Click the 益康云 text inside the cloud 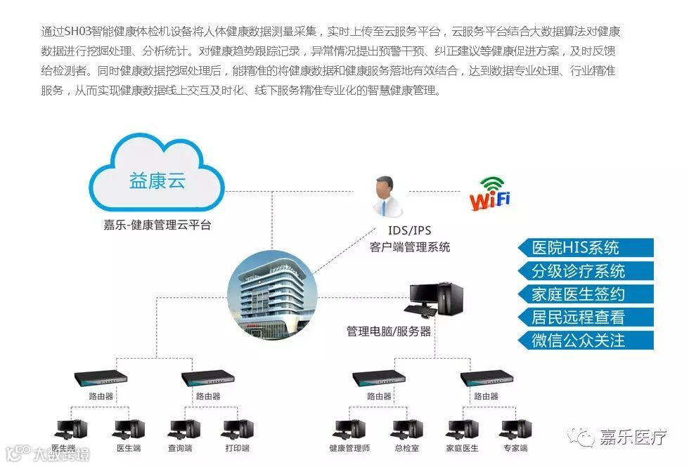click(157, 180)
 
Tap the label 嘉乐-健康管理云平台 click(157, 225)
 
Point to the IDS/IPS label click(410, 230)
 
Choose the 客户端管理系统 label click(410, 246)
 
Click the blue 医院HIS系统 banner click(585, 248)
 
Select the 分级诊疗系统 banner click(585, 271)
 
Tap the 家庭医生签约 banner click(585, 294)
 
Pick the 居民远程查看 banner click(585, 317)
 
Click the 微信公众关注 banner click(585, 341)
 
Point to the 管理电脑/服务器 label click(389, 331)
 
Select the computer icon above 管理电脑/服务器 click(436, 298)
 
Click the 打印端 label click(236, 448)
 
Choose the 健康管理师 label click(349, 448)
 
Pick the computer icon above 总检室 click(407, 429)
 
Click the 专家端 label click(515, 448)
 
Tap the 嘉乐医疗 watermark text click(633, 438)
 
